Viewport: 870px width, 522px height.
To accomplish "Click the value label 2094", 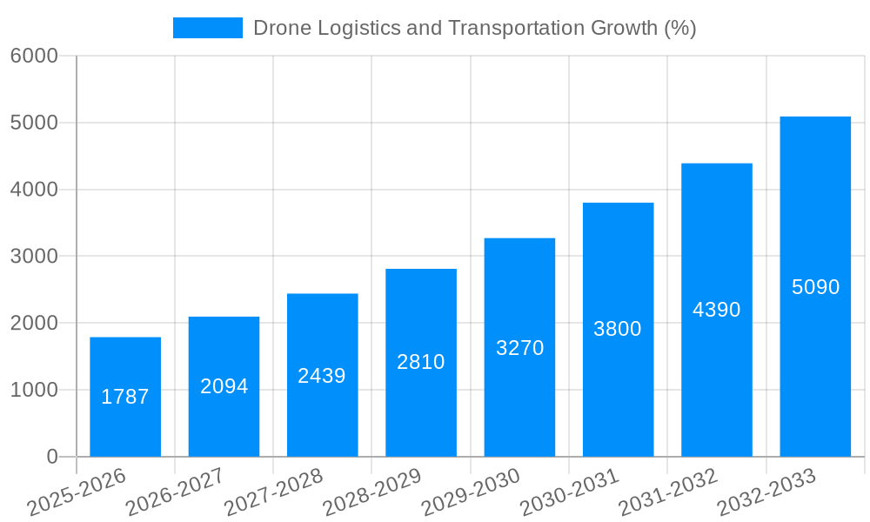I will coord(224,386).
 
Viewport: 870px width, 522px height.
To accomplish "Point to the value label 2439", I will coord(322,376).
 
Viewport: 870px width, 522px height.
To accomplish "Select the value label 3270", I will coord(519,348).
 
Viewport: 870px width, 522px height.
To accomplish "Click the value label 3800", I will coord(618,329).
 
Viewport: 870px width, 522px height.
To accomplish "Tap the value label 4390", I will coord(716,310).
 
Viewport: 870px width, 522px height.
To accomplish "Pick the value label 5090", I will coord(815,287).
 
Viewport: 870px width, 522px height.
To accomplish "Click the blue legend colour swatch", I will coord(208,28).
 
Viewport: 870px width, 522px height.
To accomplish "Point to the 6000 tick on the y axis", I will coord(34,56).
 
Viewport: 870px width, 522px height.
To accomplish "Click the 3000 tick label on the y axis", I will coord(34,257).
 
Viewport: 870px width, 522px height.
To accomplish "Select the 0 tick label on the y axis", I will coord(51,457).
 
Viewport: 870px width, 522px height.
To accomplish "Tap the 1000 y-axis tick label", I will coord(34,390).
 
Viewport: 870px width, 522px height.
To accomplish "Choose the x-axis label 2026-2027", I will coord(175,492).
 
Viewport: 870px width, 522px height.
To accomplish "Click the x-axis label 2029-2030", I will coord(471,492).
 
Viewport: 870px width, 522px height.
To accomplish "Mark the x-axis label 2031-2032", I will coord(668,492).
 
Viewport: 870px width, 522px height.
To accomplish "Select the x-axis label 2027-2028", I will coord(273,492).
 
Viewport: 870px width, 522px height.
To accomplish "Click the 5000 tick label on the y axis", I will coord(34,123).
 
